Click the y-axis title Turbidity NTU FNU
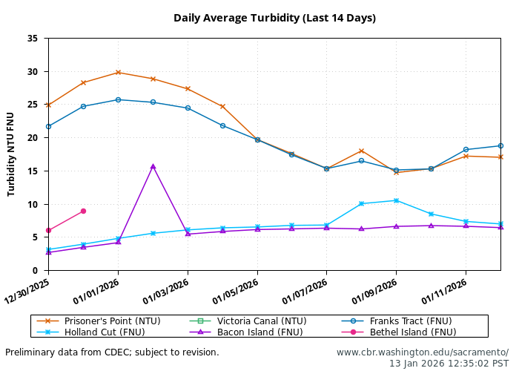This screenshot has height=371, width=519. [11, 154]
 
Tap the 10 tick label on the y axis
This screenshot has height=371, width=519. [33, 204]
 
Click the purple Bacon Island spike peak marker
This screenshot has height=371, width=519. [153, 166]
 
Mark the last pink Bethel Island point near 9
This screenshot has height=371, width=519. [83, 211]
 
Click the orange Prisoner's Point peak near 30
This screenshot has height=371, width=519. [118, 72]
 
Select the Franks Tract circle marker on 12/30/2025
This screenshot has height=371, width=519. [48, 126]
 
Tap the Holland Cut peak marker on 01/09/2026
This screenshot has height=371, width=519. [396, 200]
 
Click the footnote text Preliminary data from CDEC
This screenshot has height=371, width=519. [112, 352]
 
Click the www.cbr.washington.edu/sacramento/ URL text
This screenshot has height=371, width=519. [423, 352]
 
